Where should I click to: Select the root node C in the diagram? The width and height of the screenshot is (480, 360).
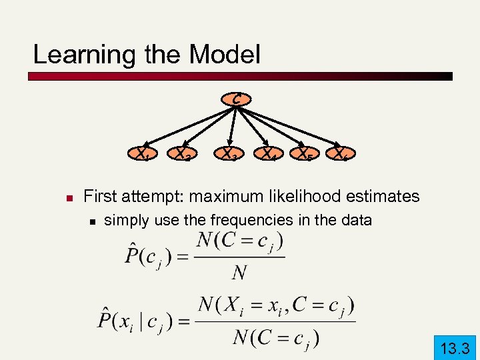click(x=237, y=99)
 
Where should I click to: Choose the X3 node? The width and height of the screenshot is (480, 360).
click(x=231, y=155)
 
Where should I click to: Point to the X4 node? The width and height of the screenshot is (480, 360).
click(x=270, y=155)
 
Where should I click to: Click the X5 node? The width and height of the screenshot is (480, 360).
click(x=307, y=155)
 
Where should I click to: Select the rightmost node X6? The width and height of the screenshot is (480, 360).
click(x=343, y=155)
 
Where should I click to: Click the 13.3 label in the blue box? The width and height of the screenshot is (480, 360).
click(x=455, y=347)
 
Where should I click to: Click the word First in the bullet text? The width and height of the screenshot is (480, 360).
click(x=101, y=196)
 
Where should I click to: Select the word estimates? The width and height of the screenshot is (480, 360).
click(x=386, y=196)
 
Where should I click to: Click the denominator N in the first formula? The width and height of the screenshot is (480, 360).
click(x=239, y=273)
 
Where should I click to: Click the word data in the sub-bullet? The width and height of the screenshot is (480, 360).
click(x=355, y=219)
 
